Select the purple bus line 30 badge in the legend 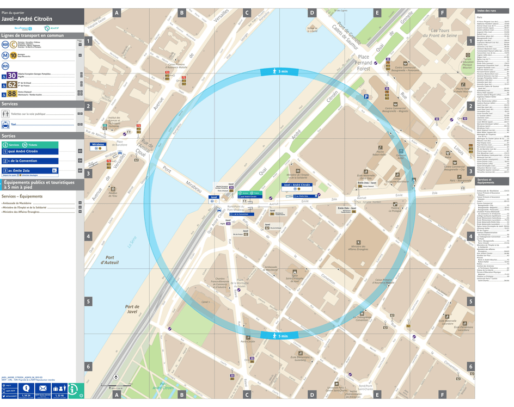pyautogui.click(x=11, y=77)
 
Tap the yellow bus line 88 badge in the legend pyautogui.click(x=11, y=93)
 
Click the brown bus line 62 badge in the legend pyautogui.click(x=11, y=85)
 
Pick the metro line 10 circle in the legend pyautogui.click(x=12, y=55)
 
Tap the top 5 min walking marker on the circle pyautogui.click(x=279, y=72)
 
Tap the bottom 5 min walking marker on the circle pyautogui.click(x=279, y=336)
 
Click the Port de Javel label pyautogui.click(x=132, y=309)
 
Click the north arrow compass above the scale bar pyautogui.click(x=116, y=377)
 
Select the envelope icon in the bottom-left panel pyautogui.click(x=42, y=388)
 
